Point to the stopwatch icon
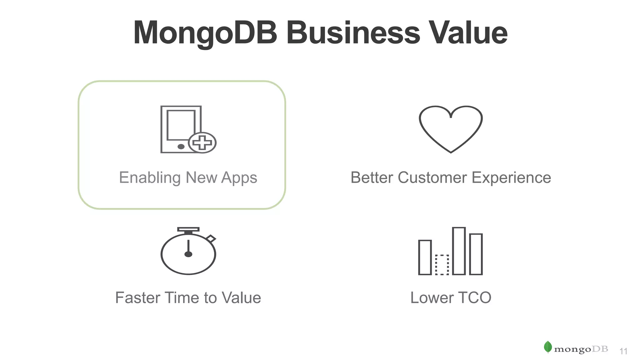click(x=188, y=252)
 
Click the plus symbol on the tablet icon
click(x=202, y=143)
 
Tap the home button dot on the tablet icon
click(x=181, y=147)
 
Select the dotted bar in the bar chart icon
click(x=442, y=265)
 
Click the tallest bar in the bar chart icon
click(x=459, y=251)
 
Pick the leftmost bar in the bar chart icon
click(x=425, y=257)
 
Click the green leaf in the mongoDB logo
click(x=548, y=347)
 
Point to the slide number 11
click(x=623, y=352)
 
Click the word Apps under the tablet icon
click(x=239, y=178)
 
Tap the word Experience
click(x=511, y=178)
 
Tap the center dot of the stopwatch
click(x=188, y=254)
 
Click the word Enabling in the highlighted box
click(x=150, y=178)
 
